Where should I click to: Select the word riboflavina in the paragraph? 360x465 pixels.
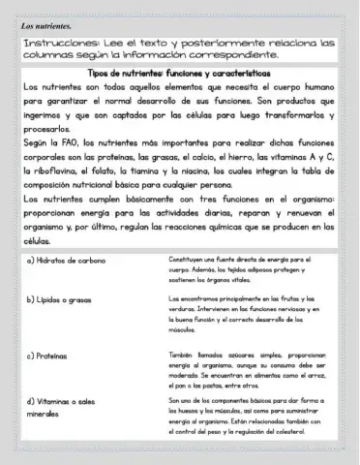[x=61, y=170]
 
